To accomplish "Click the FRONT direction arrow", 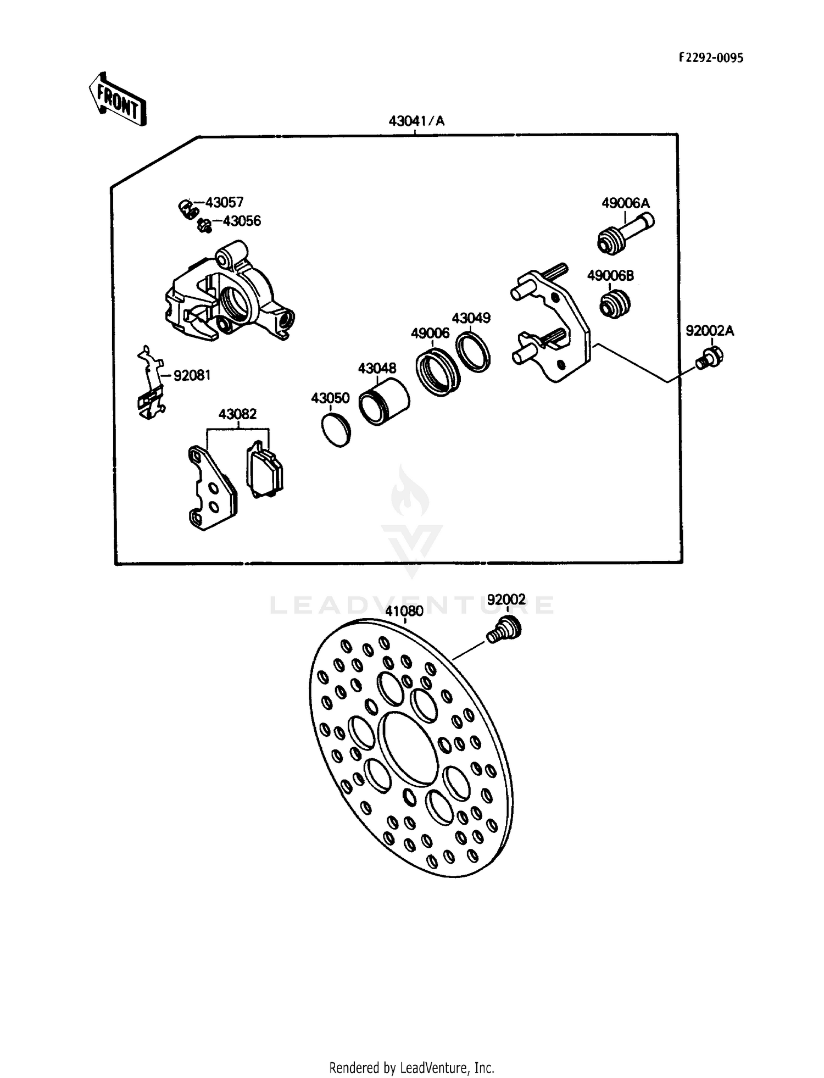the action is pos(117,100).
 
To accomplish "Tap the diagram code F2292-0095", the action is pos(711,58).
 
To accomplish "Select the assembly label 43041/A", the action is pos(416,121).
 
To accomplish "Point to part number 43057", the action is pos(224,203).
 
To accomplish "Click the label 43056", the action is pos(242,221).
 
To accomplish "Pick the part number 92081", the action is pos(192,376).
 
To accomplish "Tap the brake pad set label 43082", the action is pos(237,414).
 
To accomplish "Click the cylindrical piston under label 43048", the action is pos(383,402).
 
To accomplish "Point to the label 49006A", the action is pos(626,203).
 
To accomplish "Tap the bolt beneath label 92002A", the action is pos(709,357).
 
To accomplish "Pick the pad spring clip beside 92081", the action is pos(150,383).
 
